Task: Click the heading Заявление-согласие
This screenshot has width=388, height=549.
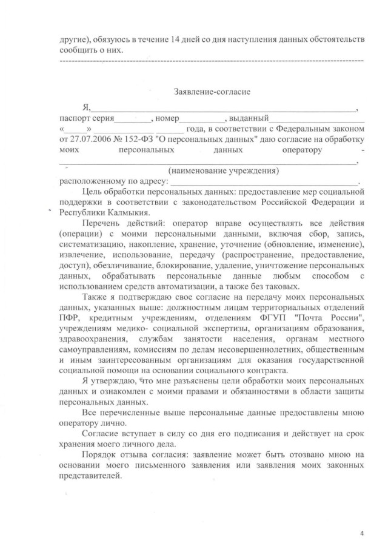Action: [x=212, y=92]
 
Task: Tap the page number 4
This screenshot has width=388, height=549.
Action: [x=362, y=533]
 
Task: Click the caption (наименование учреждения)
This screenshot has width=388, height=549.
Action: [x=224, y=170]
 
